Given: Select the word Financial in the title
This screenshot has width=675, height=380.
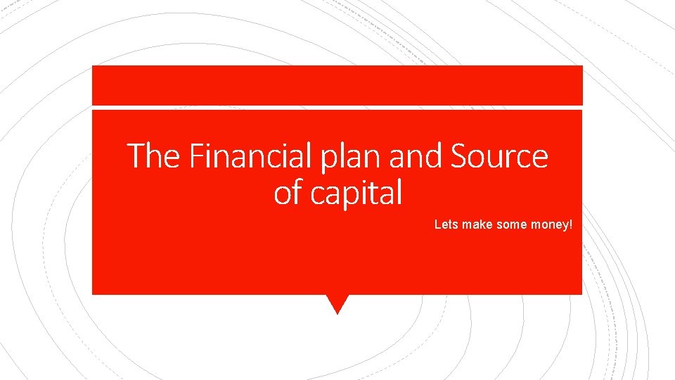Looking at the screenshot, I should [250, 156].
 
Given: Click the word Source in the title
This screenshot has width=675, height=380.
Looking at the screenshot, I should [499, 156].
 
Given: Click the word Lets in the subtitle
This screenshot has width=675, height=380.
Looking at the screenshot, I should [446, 224].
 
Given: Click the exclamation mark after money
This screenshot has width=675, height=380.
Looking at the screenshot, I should [572, 224].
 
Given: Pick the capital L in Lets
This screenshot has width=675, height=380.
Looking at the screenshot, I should [437, 224].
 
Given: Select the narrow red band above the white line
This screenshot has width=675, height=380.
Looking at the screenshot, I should [337, 85].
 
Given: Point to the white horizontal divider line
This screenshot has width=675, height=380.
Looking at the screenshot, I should [337, 108].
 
